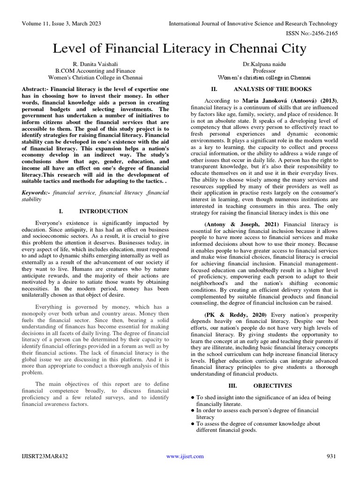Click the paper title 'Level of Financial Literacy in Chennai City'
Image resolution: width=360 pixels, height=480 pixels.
180,48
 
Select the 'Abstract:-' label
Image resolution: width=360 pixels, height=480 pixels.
35,89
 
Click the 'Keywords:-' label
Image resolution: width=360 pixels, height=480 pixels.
37,193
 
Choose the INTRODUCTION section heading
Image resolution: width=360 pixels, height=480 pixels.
104,211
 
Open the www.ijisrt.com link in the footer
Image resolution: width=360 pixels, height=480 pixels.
185,456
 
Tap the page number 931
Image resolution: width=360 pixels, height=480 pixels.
331,456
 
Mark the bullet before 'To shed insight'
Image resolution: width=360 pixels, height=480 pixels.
193,397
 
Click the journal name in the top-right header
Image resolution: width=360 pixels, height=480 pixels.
253,23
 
